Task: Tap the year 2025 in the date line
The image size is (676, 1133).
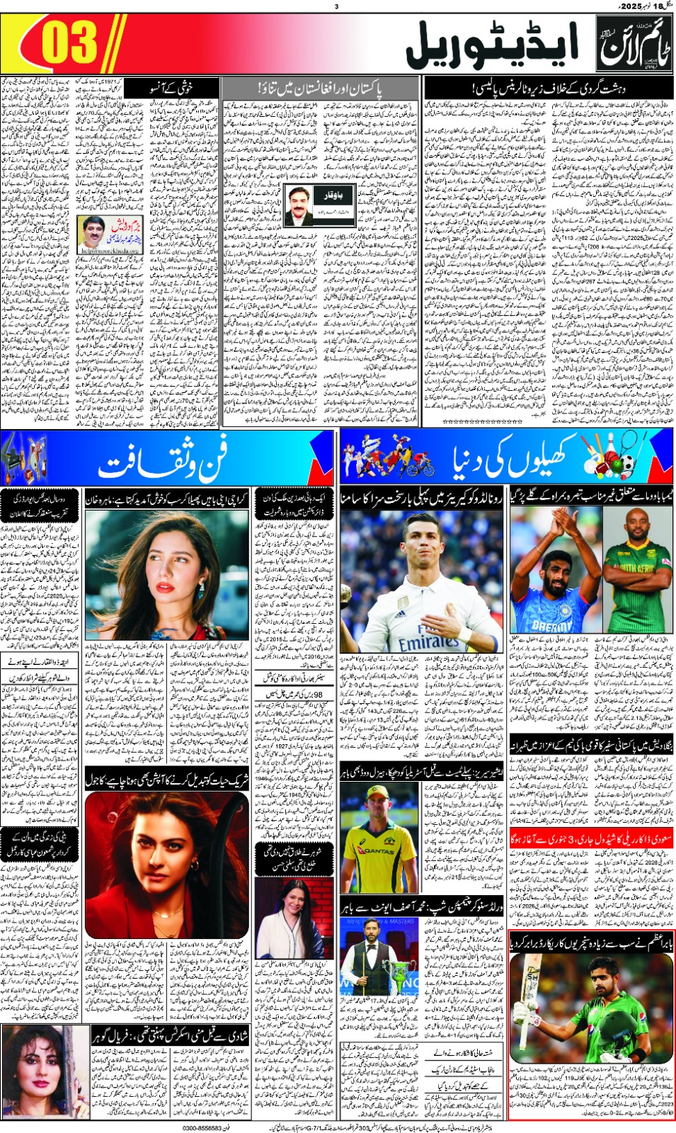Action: (631, 6)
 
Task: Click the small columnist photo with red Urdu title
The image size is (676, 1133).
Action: (92, 232)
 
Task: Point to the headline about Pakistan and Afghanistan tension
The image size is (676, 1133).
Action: (319, 90)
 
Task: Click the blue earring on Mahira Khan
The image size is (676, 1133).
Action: (200, 587)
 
